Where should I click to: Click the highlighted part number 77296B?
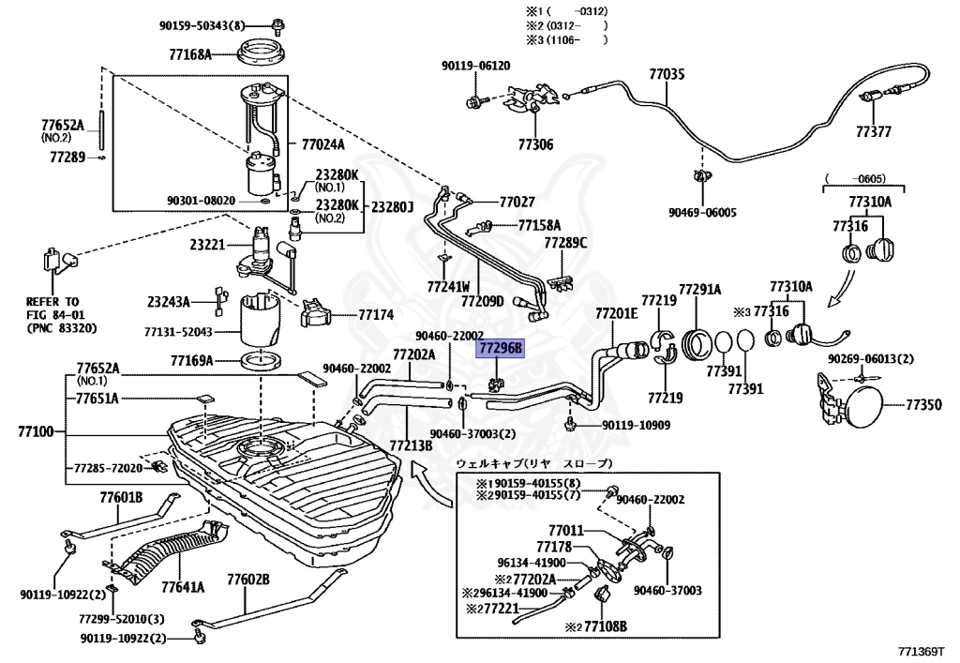pos(501,348)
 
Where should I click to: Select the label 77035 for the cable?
pos(667,75)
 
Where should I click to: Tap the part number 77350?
pos(923,405)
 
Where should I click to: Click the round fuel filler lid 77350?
pos(863,405)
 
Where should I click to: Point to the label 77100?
pos(37,432)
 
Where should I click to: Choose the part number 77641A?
pos(183,588)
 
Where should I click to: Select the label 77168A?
pos(190,54)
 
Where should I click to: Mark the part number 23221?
pos(207,245)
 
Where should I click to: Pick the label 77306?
pos(535,144)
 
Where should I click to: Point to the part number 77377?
pos(874,131)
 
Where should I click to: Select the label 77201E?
pos(617,314)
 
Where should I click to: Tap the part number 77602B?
pos(247,580)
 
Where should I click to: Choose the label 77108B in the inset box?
pos(606,626)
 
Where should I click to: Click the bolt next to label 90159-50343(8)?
pos(278,25)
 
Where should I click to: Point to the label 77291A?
pos(699,289)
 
